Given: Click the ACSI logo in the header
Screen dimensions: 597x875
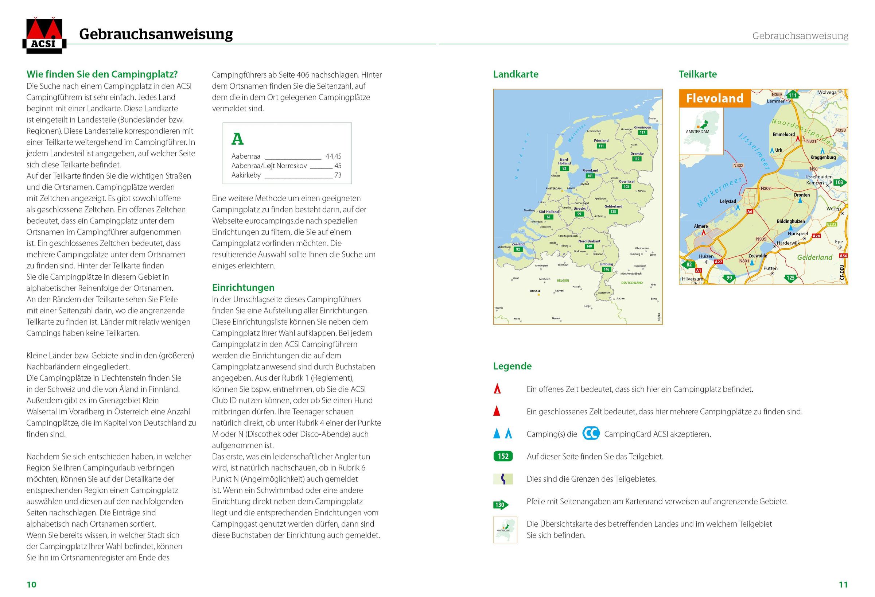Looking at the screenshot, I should point(44,36).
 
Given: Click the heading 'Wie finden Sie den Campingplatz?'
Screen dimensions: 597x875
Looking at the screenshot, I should point(102,74).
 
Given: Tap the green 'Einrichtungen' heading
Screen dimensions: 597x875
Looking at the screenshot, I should point(243,287).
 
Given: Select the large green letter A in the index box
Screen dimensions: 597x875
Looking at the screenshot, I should point(238,139).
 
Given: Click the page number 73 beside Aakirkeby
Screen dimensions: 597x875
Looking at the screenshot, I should point(338,175).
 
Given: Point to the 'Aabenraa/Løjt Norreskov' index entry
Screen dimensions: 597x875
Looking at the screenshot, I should point(269,166).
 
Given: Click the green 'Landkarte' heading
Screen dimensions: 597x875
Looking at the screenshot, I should point(516,74).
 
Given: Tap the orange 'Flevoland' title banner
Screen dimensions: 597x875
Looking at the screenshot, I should point(714,98).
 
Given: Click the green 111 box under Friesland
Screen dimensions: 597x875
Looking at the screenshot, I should point(601,146).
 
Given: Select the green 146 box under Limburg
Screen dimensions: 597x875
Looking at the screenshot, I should point(606,269).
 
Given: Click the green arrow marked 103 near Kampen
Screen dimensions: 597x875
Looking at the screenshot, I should point(840,183).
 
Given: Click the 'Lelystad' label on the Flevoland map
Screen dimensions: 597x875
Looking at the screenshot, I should point(728,202).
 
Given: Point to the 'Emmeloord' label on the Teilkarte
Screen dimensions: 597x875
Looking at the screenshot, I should point(783,135).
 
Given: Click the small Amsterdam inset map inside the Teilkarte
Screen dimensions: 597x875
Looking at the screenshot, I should point(701,131).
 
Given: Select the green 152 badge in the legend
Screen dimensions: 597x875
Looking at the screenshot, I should point(503,457).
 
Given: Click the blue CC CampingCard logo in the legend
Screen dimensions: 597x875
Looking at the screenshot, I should point(591,434).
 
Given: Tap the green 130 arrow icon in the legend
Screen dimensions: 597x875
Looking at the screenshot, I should point(500,505).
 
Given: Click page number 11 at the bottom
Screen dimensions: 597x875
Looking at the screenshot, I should point(843,585).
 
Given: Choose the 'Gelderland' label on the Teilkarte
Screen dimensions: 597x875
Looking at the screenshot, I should point(814,257).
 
